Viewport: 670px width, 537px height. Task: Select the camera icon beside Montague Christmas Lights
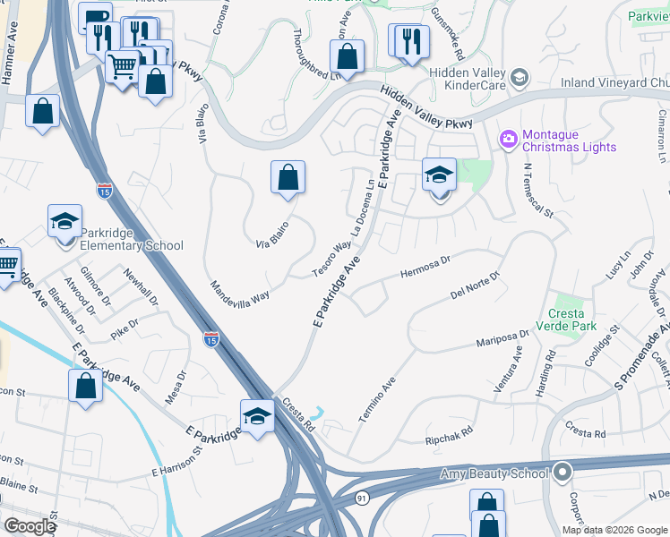509,139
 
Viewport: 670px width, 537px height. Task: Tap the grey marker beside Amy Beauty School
563,471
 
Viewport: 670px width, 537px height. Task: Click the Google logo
30,525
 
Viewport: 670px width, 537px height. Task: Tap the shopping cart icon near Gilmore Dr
7,265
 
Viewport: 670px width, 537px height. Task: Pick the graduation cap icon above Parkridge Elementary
64,220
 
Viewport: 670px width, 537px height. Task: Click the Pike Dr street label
125,328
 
